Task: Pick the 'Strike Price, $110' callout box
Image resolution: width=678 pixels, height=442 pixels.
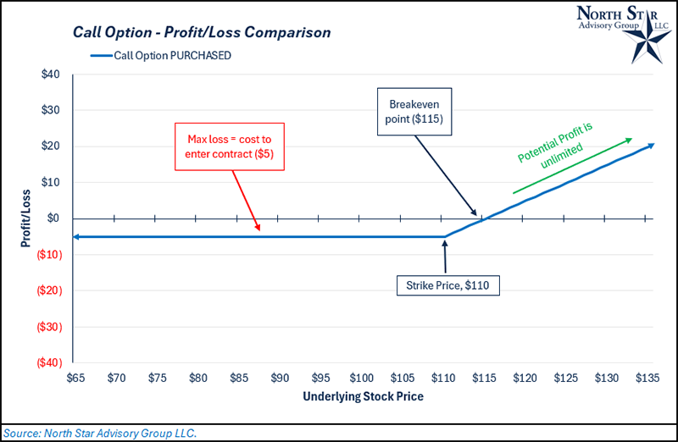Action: tap(447, 285)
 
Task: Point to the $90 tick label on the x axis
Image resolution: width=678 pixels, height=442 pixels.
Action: tap(279, 377)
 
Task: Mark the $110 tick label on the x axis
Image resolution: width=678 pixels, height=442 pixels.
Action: tap(443, 377)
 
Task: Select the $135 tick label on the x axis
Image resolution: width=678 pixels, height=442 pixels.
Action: tap(647, 377)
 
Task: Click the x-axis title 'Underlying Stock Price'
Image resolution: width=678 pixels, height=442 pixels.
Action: tap(361, 395)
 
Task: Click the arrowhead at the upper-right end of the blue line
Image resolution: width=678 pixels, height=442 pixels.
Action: tap(650, 146)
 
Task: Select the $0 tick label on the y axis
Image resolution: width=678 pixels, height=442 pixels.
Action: tap(53, 218)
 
